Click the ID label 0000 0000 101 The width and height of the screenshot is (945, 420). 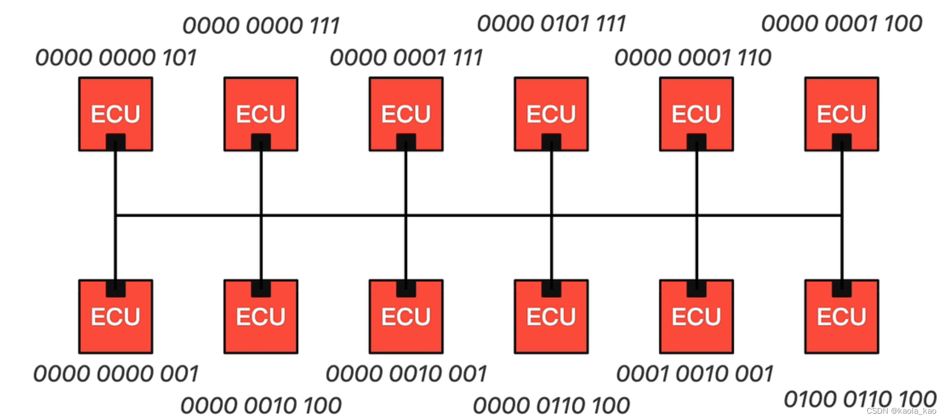[116, 58]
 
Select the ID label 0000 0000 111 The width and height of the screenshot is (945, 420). [261, 26]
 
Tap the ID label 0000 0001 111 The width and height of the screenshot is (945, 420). [406, 58]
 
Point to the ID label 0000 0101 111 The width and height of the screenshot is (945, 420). [551, 24]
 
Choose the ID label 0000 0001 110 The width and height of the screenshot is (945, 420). [693, 58]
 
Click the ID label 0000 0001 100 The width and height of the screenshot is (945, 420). [842, 24]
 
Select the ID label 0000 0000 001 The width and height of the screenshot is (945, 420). [116, 374]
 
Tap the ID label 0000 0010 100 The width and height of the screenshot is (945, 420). [261, 406]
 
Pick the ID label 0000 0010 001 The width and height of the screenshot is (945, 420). [406, 374]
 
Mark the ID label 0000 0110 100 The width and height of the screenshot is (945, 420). [551, 406]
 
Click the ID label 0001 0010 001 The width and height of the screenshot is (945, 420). [695, 374]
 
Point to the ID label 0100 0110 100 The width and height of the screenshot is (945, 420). [859, 399]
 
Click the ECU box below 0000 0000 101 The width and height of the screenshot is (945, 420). [116, 114]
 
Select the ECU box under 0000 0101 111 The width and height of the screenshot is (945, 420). [551, 114]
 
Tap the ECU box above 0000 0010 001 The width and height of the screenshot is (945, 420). [406, 317]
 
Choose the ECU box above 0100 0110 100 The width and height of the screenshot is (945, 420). [842, 317]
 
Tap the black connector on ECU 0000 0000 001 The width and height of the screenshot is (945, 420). [116, 288]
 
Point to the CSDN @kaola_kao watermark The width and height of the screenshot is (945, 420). [901, 411]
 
